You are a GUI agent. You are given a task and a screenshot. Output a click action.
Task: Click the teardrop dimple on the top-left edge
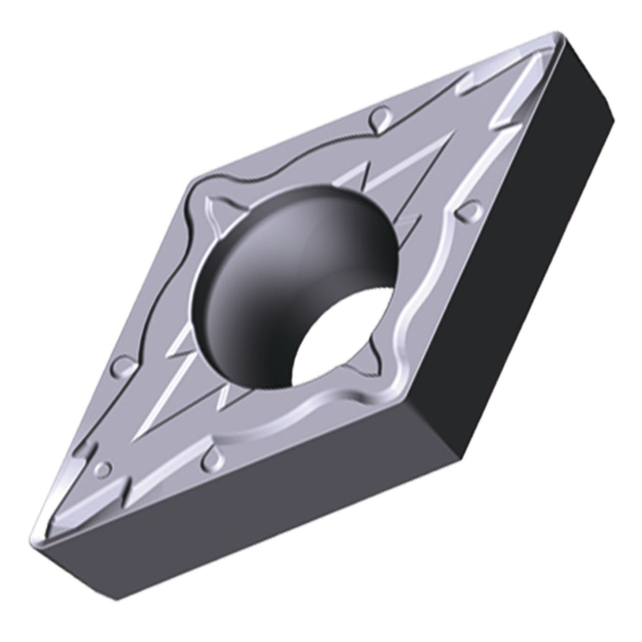(378, 117)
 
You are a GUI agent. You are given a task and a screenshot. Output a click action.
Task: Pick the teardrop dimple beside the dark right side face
(465, 212)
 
